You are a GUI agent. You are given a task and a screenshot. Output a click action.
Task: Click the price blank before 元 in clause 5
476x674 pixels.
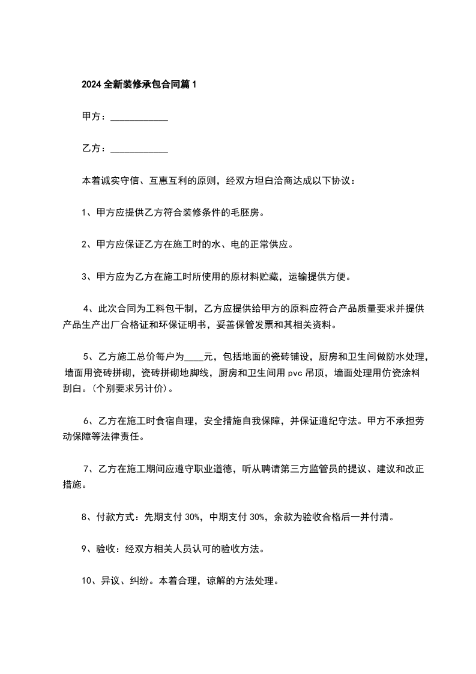(x=196, y=357)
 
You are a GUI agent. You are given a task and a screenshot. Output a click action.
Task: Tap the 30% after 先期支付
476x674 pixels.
(x=192, y=517)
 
